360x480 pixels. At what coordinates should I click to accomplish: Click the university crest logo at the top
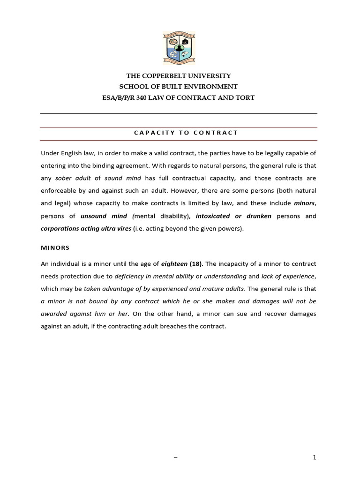click(179, 49)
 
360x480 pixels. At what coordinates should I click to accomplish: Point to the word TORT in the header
click(246, 97)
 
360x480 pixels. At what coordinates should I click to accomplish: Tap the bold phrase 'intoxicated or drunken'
click(234, 216)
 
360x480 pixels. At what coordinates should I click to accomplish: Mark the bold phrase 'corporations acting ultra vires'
click(85, 229)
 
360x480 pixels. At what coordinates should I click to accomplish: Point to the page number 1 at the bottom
click(315, 457)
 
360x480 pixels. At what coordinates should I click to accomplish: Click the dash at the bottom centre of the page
click(175, 458)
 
